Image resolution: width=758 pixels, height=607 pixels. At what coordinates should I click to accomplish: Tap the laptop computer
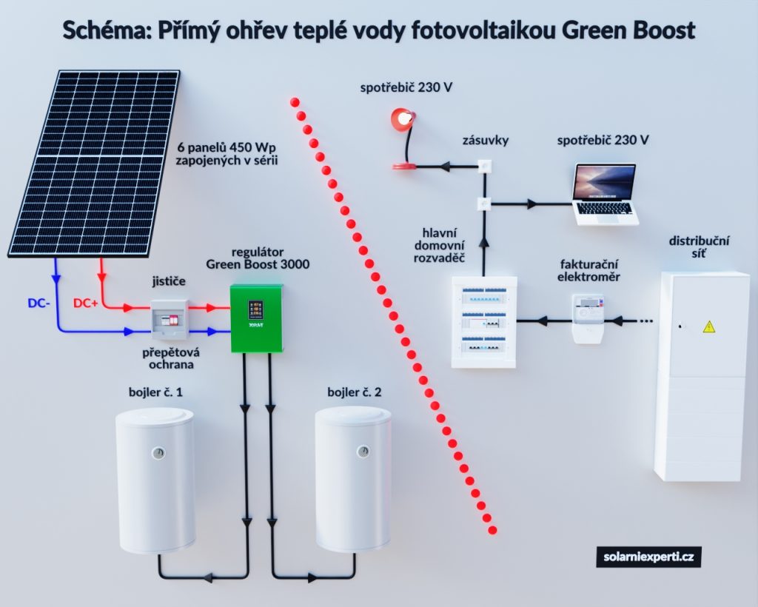(x=604, y=194)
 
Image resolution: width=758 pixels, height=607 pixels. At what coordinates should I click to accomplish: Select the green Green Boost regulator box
(x=256, y=318)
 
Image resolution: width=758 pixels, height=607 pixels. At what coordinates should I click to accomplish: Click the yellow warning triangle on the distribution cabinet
(x=708, y=326)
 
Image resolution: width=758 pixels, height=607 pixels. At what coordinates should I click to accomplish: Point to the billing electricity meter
(x=588, y=318)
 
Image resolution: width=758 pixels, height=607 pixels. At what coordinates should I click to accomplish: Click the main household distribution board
(x=484, y=322)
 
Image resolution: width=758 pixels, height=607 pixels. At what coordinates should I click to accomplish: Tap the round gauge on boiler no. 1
(x=158, y=453)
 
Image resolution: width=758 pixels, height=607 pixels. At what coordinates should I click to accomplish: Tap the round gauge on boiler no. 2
(x=363, y=452)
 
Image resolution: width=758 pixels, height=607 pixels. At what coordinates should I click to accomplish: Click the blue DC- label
(x=38, y=303)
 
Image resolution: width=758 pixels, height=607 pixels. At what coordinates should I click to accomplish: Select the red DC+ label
(x=86, y=303)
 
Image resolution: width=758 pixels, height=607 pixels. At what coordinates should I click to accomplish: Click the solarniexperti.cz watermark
(x=648, y=557)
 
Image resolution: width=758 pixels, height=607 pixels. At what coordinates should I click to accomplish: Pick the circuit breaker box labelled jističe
(x=170, y=320)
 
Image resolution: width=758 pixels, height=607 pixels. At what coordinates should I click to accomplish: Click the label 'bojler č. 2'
(x=355, y=392)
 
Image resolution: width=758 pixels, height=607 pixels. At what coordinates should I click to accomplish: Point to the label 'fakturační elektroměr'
(x=588, y=271)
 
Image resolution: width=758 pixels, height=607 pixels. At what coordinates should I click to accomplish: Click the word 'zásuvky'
(x=486, y=141)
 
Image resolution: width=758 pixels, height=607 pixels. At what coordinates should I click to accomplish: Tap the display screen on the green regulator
(x=255, y=309)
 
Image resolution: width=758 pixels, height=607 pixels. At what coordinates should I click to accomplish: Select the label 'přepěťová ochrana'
(x=171, y=358)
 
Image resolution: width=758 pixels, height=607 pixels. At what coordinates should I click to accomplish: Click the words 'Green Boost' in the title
(x=629, y=30)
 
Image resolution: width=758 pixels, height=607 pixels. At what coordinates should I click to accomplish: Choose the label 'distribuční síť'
(x=699, y=247)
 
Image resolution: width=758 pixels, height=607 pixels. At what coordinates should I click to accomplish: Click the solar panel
(x=94, y=164)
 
